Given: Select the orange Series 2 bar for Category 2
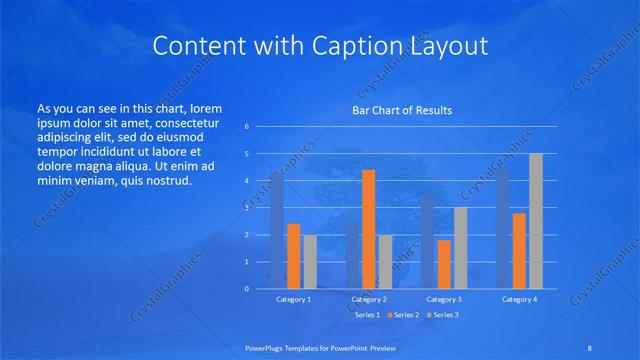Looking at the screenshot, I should pyautogui.click(x=368, y=229).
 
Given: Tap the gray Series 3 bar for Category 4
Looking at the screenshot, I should pyautogui.click(x=535, y=221).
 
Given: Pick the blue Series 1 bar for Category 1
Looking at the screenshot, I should pyautogui.click(x=277, y=231).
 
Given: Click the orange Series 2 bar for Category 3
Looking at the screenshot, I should pyautogui.click(x=444, y=264).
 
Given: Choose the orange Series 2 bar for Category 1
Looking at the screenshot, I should pyautogui.click(x=293, y=256).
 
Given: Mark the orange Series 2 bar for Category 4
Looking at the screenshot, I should pyautogui.click(x=519, y=250).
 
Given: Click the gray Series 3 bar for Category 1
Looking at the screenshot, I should pyautogui.click(x=309, y=261).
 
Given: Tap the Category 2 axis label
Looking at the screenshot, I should pyautogui.click(x=368, y=299).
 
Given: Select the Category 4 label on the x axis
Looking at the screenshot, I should pyautogui.click(x=519, y=299).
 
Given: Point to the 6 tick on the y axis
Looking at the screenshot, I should pyautogui.click(x=246, y=127).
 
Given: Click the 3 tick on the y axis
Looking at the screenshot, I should pyautogui.click(x=246, y=208).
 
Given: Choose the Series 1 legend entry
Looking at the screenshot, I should pyautogui.click(x=366, y=315).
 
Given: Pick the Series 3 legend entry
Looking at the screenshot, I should pyautogui.click(x=444, y=315).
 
